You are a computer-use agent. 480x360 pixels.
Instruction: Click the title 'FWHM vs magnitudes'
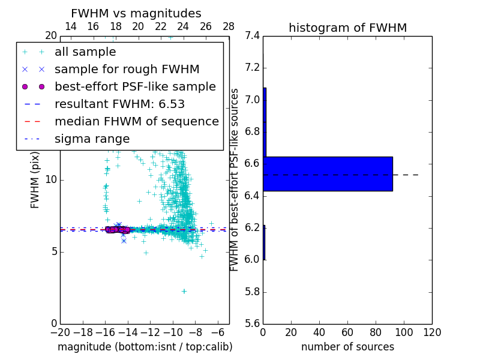[x=136, y=14]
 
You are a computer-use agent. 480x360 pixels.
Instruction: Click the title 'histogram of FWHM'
[x=347, y=28]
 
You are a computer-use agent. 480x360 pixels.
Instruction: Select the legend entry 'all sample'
[x=85, y=52]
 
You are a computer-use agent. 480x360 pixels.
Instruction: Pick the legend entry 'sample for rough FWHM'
[x=127, y=69]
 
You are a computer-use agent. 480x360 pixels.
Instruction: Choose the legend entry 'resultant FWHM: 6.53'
[x=124, y=104]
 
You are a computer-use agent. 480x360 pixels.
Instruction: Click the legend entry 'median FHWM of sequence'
[x=136, y=121]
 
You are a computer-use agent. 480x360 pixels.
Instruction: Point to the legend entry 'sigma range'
[x=92, y=139]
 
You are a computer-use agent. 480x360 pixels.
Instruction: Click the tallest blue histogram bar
[x=328, y=174]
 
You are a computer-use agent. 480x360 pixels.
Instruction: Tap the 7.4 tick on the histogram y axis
[x=252, y=35]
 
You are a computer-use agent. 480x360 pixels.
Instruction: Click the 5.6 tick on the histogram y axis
[x=252, y=323]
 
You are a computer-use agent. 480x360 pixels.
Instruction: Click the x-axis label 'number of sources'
[x=347, y=347]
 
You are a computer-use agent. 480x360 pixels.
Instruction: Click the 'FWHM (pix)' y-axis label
[x=35, y=179]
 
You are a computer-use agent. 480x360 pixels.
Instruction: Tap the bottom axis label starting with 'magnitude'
[x=145, y=347]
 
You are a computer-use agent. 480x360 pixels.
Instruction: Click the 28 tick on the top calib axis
[x=229, y=26]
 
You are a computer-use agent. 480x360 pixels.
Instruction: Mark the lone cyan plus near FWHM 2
[x=184, y=291]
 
